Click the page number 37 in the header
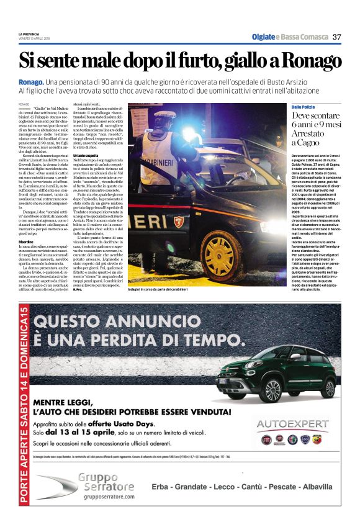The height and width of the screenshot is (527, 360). (x=337, y=37)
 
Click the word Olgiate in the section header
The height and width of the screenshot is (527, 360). (x=263, y=37)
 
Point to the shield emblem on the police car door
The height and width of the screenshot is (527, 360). (x=179, y=222)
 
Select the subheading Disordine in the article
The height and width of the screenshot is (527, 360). (x=26, y=241)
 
